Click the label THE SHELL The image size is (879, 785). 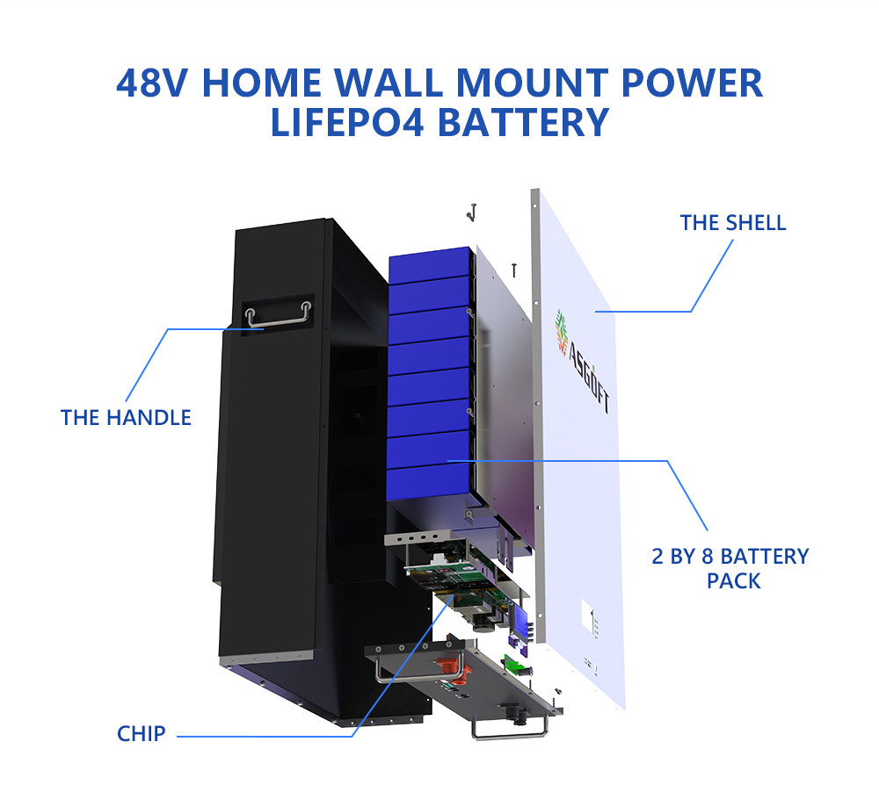coord(733,222)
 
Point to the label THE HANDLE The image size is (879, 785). coord(126,417)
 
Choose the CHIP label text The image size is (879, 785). coord(141,733)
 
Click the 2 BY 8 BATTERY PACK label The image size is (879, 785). coord(730,568)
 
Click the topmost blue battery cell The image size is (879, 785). coord(431,261)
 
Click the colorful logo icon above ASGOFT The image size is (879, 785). coord(560,331)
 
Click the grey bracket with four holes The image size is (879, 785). coord(421,536)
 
